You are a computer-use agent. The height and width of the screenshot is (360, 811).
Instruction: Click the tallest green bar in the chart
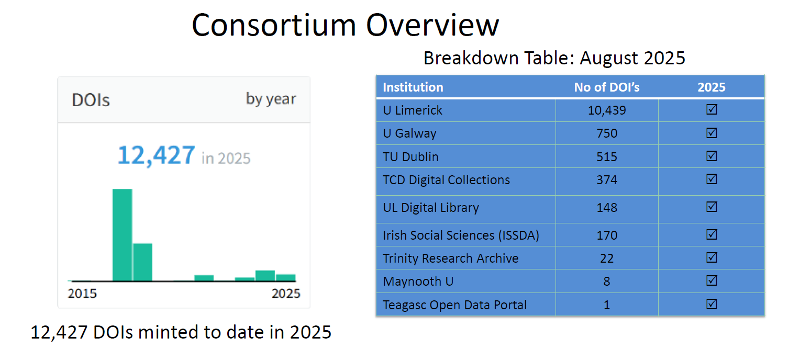tap(123, 235)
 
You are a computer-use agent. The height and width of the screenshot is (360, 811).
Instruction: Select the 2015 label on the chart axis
tap(82, 294)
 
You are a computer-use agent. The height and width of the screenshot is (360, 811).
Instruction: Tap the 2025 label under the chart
tap(286, 294)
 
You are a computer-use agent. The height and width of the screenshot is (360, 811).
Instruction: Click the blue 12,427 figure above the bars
tap(157, 155)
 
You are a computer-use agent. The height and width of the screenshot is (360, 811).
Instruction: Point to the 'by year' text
tap(271, 99)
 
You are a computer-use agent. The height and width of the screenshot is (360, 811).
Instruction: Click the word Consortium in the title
tap(274, 25)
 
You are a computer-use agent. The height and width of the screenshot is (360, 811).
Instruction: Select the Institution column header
tap(413, 87)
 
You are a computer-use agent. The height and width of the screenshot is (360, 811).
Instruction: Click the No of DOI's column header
tap(607, 87)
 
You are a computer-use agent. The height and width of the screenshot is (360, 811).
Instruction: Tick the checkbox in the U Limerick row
tap(712, 109)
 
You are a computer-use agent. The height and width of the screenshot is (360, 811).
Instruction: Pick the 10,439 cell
tap(607, 110)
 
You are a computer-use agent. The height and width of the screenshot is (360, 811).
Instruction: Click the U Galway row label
tap(409, 133)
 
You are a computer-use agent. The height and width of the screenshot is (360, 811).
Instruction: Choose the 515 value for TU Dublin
tap(607, 156)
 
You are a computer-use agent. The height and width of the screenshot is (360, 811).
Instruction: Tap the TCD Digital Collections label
tap(446, 180)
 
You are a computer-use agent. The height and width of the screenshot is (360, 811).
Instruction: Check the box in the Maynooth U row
tap(712, 280)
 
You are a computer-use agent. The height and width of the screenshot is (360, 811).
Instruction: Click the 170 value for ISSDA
tap(607, 235)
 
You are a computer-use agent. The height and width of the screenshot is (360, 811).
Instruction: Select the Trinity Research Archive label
tap(450, 258)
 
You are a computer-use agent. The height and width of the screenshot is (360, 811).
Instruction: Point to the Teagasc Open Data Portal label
tap(455, 305)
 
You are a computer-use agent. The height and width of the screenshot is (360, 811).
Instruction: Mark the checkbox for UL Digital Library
tap(712, 207)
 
